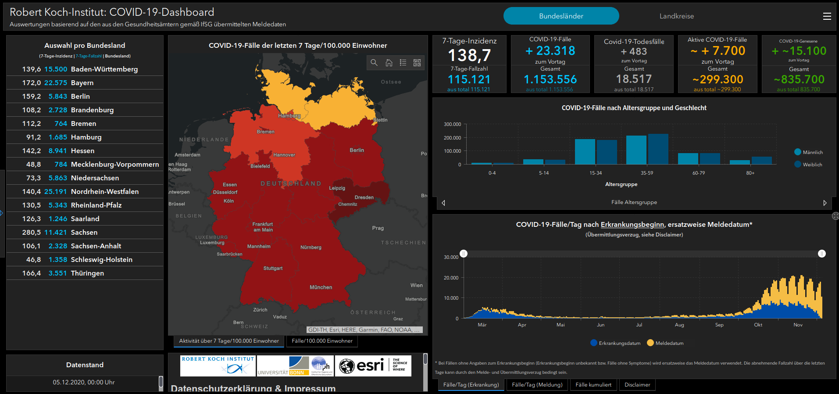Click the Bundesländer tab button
(x=561, y=16)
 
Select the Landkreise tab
(x=676, y=16)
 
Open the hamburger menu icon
(x=827, y=16)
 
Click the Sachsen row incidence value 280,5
(x=32, y=233)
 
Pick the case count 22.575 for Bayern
(x=56, y=83)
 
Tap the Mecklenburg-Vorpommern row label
(x=115, y=165)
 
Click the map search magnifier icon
(x=374, y=63)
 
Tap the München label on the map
(x=321, y=287)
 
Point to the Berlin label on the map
(x=357, y=150)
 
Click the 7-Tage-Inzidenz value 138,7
(x=469, y=55)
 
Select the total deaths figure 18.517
(x=634, y=79)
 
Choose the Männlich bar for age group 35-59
(x=636, y=150)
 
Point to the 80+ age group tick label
(x=750, y=173)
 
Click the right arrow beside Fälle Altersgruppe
(x=825, y=203)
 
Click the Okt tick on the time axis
(x=758, y=325)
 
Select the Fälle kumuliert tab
(x=593, y=385)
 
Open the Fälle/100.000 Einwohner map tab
(x=322, y=341)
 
